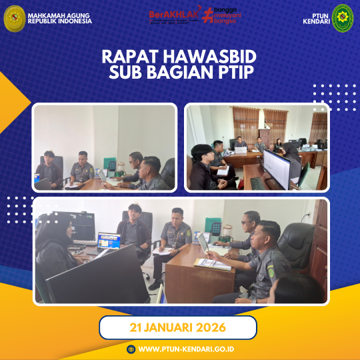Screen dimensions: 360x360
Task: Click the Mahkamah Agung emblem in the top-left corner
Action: [14, 18]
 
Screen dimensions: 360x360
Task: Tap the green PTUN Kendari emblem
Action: [343, 18]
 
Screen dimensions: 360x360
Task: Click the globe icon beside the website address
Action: [131, 349]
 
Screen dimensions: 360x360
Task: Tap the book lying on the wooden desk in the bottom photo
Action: [211, 264]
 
